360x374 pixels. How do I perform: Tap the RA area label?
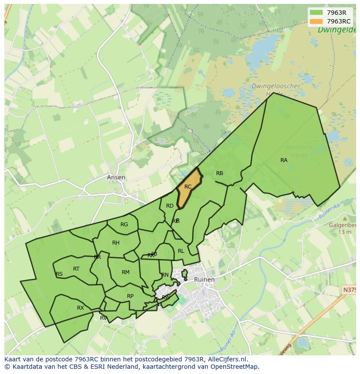(284, 160)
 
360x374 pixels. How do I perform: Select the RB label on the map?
(220, 173)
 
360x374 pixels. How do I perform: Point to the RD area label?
(170, 206)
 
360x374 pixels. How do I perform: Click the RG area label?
(124, 225)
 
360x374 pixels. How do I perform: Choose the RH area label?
(116, 243)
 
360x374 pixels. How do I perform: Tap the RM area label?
(126, 272)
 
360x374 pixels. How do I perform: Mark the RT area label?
(77, 269)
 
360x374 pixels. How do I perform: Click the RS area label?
(59, 274)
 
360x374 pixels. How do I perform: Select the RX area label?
(80, 308)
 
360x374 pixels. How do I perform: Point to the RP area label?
(130, 296)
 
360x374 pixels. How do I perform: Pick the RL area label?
(181, 251)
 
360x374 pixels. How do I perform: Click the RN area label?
(165, 275)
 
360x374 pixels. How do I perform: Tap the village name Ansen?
(116, 177)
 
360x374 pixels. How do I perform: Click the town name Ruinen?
(204, 280)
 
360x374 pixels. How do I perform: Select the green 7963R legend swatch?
(316, 13)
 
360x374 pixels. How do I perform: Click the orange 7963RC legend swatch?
(316, 21)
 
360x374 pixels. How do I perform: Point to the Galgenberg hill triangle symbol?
(345, 218)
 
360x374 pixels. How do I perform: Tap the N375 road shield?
(350, 290)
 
